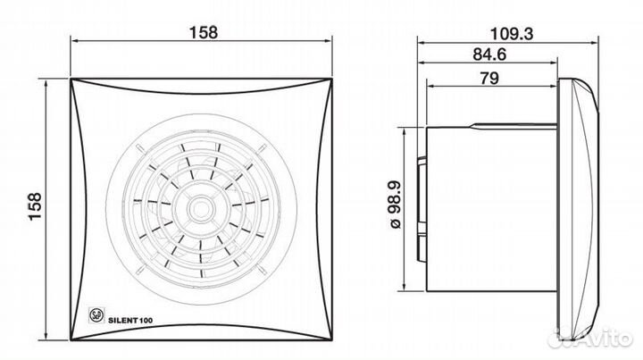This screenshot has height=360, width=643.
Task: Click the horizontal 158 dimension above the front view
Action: pos(203,32)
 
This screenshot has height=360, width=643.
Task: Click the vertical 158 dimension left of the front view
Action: pos(35,206)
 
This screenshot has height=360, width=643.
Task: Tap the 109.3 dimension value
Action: pos(512,34)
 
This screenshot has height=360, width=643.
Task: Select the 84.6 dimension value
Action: pos(489,54)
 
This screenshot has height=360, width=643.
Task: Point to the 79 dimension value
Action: pos(489,78)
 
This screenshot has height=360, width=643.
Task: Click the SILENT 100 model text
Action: pos(130,320)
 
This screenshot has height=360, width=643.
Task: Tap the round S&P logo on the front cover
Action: pos(96,315)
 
